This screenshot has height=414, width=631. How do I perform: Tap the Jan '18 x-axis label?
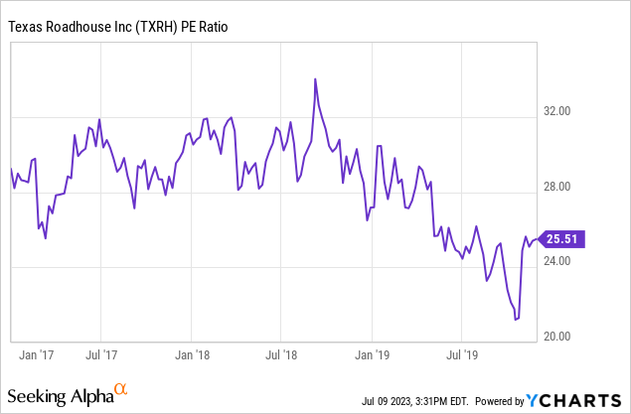191,352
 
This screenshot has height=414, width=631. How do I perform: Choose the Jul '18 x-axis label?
282,352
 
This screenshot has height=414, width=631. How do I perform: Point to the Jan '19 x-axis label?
373,352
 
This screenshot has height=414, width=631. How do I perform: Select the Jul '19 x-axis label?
463,352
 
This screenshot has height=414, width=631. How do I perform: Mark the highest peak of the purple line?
315,78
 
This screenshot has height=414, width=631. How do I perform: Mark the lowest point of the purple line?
516,320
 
